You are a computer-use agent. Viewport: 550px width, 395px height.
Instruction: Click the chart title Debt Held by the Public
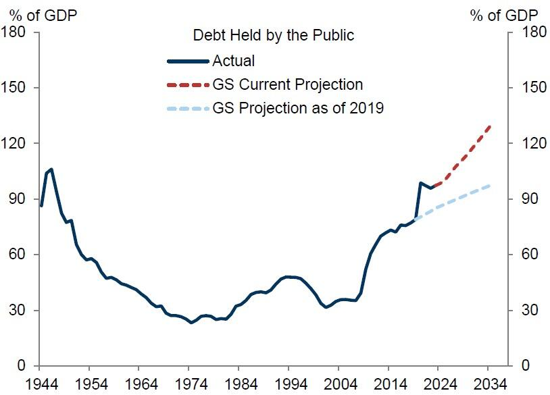coord(273,34)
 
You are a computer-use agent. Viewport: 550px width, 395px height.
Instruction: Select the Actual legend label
coord(234,61)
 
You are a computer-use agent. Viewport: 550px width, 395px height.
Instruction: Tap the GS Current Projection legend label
coord(288,85)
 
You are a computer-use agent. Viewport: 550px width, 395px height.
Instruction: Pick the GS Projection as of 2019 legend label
coord(298,108)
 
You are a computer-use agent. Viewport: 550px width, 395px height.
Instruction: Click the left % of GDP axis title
coord(43,14)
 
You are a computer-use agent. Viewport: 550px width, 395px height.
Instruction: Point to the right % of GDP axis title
coord(505,14)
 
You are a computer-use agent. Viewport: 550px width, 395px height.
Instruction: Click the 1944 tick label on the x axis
coord(40,385)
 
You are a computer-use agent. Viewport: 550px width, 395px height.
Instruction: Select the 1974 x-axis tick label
coord(190,385)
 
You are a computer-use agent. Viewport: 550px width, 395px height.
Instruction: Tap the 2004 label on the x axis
coord(339,385)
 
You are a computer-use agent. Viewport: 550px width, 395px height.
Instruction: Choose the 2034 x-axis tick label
coord(489,385)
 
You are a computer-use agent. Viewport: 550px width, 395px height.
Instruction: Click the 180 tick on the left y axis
coord(14,32)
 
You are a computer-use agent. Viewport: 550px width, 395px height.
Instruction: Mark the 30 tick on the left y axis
coord(18,311)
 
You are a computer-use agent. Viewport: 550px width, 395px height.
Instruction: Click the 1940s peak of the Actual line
coord(51,169)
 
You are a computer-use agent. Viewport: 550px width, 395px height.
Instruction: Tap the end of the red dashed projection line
coord(489,126)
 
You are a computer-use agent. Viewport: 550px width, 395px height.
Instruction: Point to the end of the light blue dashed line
coord(489,185)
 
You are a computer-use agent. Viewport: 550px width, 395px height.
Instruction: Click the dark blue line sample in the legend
coord(188,61)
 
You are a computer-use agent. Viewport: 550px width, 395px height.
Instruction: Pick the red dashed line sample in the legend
coord(188,85)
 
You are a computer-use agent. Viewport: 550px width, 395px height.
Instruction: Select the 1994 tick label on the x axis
coord(289,385)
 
